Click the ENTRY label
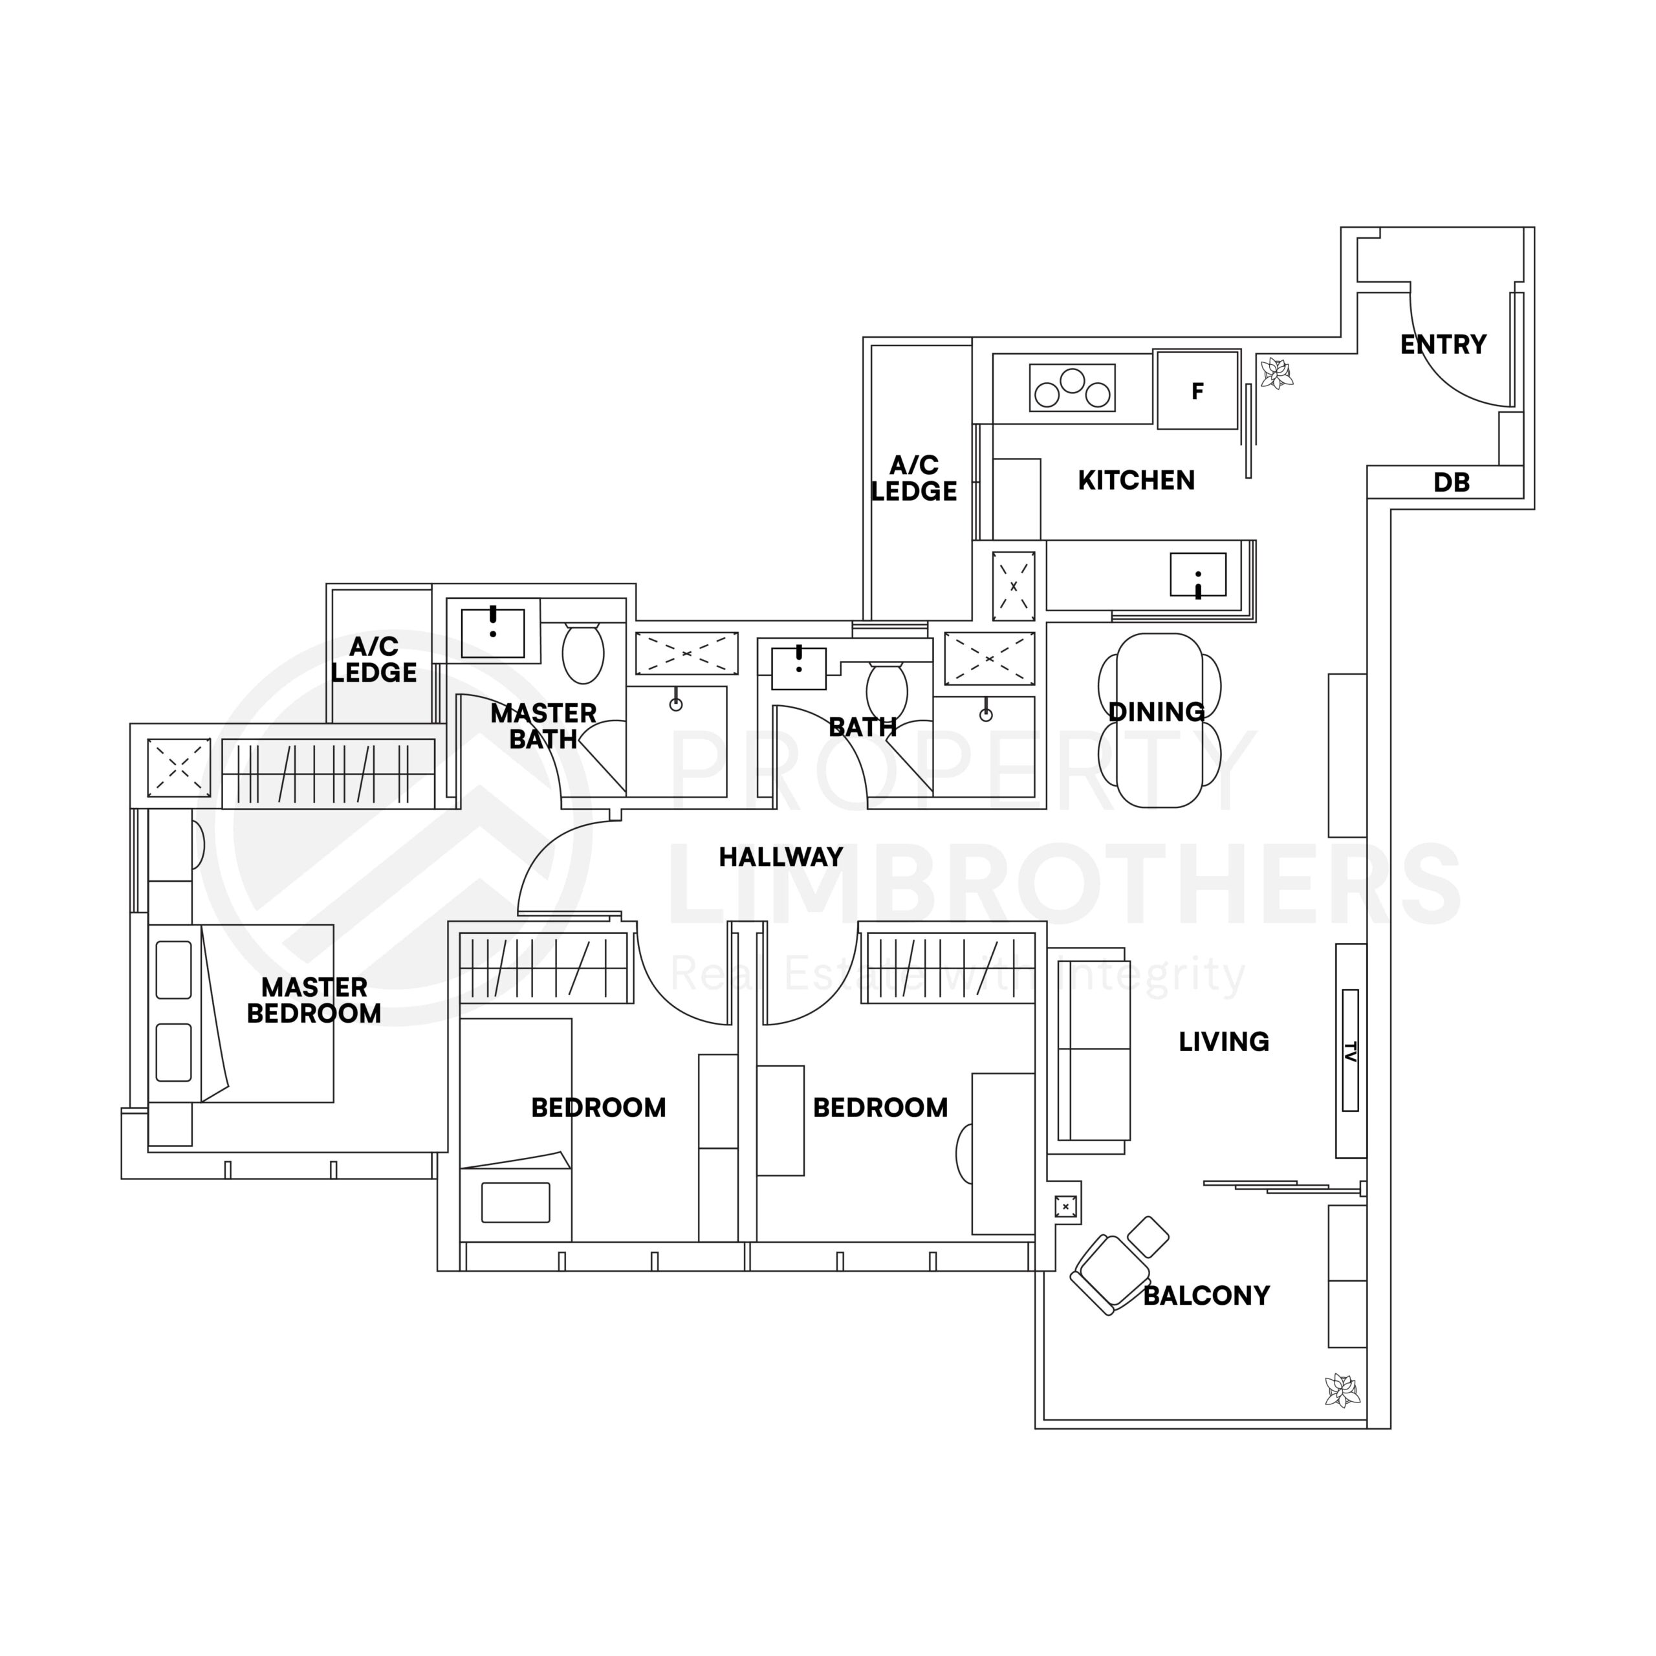tap(1443, 345)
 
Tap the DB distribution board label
tap(1450, 483)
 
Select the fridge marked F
tap(1197, 391)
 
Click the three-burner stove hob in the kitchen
tap(1071, 387)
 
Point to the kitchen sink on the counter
tap(1197, 574)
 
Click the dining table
tap(1159, 720)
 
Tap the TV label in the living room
tap(1350, 1050)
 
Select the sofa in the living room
tap(1092, 1049)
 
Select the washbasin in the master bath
tap(493, 633)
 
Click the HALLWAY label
tap(780, 856)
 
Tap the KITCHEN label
tap(1136, 480)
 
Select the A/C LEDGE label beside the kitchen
tap(914, 478)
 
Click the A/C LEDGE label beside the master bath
tap(374, 659)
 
